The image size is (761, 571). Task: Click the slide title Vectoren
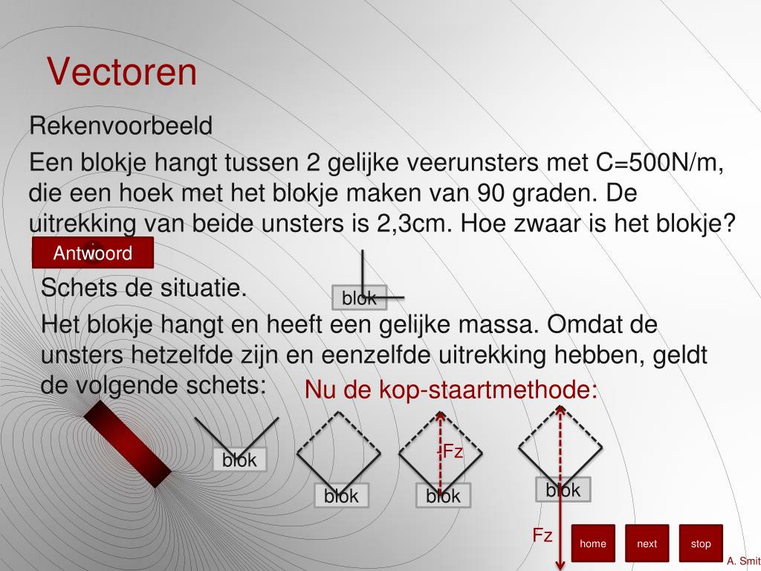(122, 72)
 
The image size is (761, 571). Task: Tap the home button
(593, 543)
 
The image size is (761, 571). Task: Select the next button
(647, 543)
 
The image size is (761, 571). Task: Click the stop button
(701, 543)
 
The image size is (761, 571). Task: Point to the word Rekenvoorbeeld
(121, 126)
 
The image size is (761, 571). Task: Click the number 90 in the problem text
(492, 193)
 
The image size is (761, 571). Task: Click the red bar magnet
(127, 444)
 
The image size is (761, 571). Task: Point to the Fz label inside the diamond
(453, 451)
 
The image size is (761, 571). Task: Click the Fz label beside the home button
(543, 535)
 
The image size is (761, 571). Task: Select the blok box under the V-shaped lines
(239, 460)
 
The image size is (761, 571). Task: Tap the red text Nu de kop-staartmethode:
(451, 390)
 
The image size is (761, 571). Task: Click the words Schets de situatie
(143, 287)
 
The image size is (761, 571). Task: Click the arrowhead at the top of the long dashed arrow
(560, 409)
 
